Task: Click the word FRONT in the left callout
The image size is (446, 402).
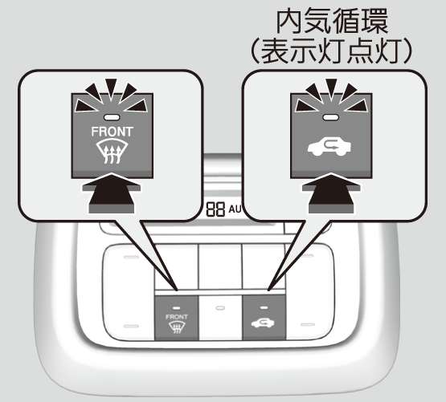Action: coord(112,132)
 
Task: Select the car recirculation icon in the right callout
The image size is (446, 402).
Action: coord(329,146)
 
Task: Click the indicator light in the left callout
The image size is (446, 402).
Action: coord(112,117)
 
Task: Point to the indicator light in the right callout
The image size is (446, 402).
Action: coord(330,117)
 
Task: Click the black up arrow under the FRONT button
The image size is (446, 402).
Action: coord(111,193)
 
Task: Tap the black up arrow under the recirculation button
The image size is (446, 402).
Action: coord(331,193)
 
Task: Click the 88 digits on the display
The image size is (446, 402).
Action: coord(215,209)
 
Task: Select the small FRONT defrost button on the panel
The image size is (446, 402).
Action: coord(176,317)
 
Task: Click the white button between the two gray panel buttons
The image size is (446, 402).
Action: coord(220,317)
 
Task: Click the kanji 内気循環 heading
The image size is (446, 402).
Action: coord(332,22)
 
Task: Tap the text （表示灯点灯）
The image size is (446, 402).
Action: coord(332,51)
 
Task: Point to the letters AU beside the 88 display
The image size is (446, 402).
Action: coord(235,209)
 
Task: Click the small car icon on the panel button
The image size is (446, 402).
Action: coord(263,323)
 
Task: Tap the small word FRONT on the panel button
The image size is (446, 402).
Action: coord(176,317)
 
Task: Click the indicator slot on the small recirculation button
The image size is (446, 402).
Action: coord(264,307)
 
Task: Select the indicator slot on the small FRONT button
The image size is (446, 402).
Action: coord(176,308)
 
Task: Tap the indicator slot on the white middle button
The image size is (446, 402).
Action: coord(220,308)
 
